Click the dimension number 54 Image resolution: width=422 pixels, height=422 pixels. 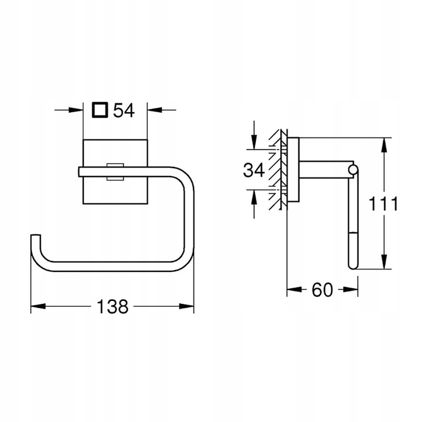(x=124, y=110)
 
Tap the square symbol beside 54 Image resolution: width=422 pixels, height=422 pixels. (x=100, y=110)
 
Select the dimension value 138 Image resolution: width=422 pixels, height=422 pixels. (x=113, y=306)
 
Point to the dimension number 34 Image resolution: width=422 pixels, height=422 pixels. (x=254, y=170)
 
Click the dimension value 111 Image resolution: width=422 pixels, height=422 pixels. (x=383, y=204)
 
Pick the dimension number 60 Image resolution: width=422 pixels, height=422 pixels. (x=323, y=290)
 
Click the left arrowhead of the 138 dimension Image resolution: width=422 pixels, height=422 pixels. (x=38, y=306)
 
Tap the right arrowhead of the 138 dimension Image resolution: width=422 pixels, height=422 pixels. (x=186, y=306)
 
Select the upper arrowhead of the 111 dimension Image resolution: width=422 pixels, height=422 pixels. (x=385, y=145)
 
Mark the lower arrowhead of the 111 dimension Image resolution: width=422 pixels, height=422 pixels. (x=385, y=262)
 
